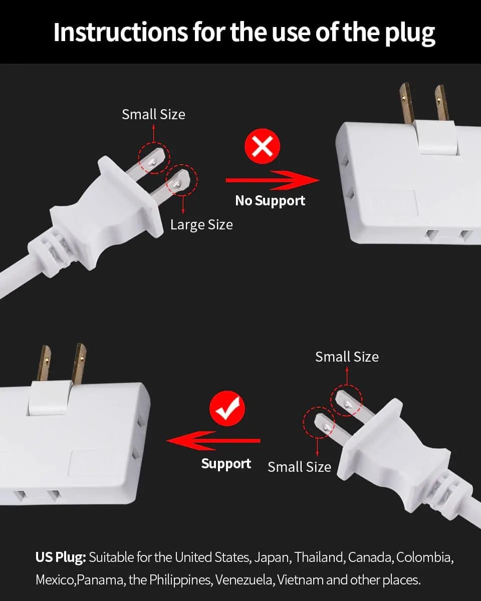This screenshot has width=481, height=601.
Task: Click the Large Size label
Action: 201,225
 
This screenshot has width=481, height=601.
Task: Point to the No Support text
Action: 270,201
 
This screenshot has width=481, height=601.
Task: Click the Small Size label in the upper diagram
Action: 153,114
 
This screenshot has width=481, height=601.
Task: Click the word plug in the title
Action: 407,32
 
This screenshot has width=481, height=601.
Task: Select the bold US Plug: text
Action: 61,557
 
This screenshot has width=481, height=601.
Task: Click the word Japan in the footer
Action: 271,557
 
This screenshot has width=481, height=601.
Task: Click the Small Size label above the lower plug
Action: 347,357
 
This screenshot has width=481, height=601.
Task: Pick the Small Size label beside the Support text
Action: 299,467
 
